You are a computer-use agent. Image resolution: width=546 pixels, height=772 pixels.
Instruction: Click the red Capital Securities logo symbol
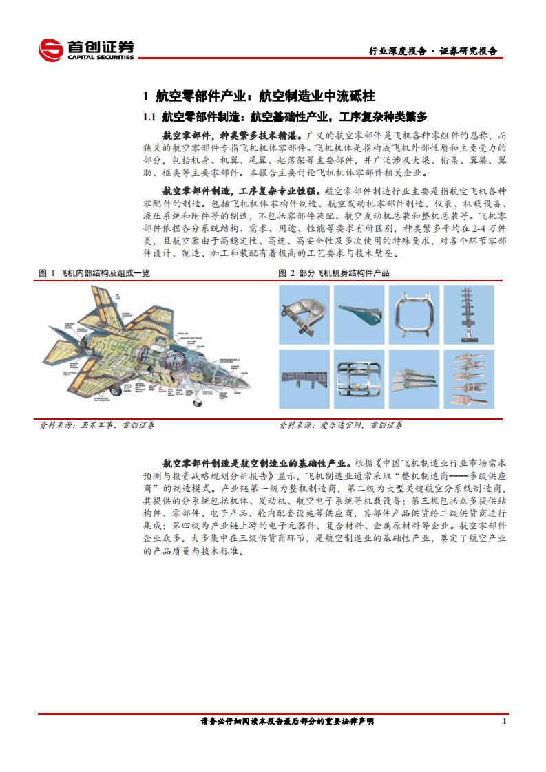[x=50, y=50]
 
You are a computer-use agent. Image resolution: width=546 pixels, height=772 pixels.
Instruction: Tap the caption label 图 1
[x=47, y=273]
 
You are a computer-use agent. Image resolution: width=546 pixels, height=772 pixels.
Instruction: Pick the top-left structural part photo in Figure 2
[x=304, y=313]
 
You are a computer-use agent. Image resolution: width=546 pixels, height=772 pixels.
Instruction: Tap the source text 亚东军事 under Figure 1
[x=98, y=425]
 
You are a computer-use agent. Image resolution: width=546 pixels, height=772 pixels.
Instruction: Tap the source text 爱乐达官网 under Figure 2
[x=342, y=425]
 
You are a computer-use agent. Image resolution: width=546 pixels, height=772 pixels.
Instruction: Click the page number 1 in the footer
[x=505, y=721]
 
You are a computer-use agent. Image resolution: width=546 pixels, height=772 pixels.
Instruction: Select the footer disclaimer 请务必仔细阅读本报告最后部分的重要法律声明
[x=287, y=721]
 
